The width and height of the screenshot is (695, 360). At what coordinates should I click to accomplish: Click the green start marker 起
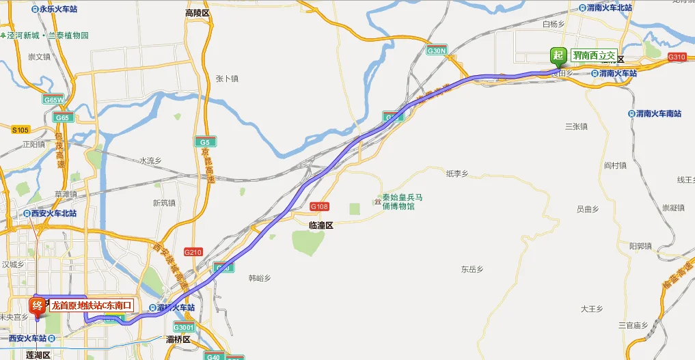click(x=558, y=56)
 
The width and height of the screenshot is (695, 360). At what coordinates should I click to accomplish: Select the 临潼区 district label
click(x=320, y=225)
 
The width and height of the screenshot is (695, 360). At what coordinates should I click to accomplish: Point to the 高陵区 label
click(x=198, y=13)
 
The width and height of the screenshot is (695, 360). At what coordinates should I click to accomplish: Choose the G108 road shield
click(x=319, y=206)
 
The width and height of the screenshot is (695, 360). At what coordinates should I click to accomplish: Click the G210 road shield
click(x=193, y=252)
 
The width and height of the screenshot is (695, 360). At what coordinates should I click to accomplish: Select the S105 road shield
click(x=21, y=129)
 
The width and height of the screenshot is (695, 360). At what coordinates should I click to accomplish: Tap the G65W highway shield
click(x=53, y=100)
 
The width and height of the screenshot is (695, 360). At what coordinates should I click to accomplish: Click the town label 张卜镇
click(x=226, y=79)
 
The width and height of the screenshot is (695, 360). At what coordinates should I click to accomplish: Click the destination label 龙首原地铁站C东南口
click(x=91, y=305)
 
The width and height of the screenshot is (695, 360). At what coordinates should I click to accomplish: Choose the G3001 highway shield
click(x=185, y=327)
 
